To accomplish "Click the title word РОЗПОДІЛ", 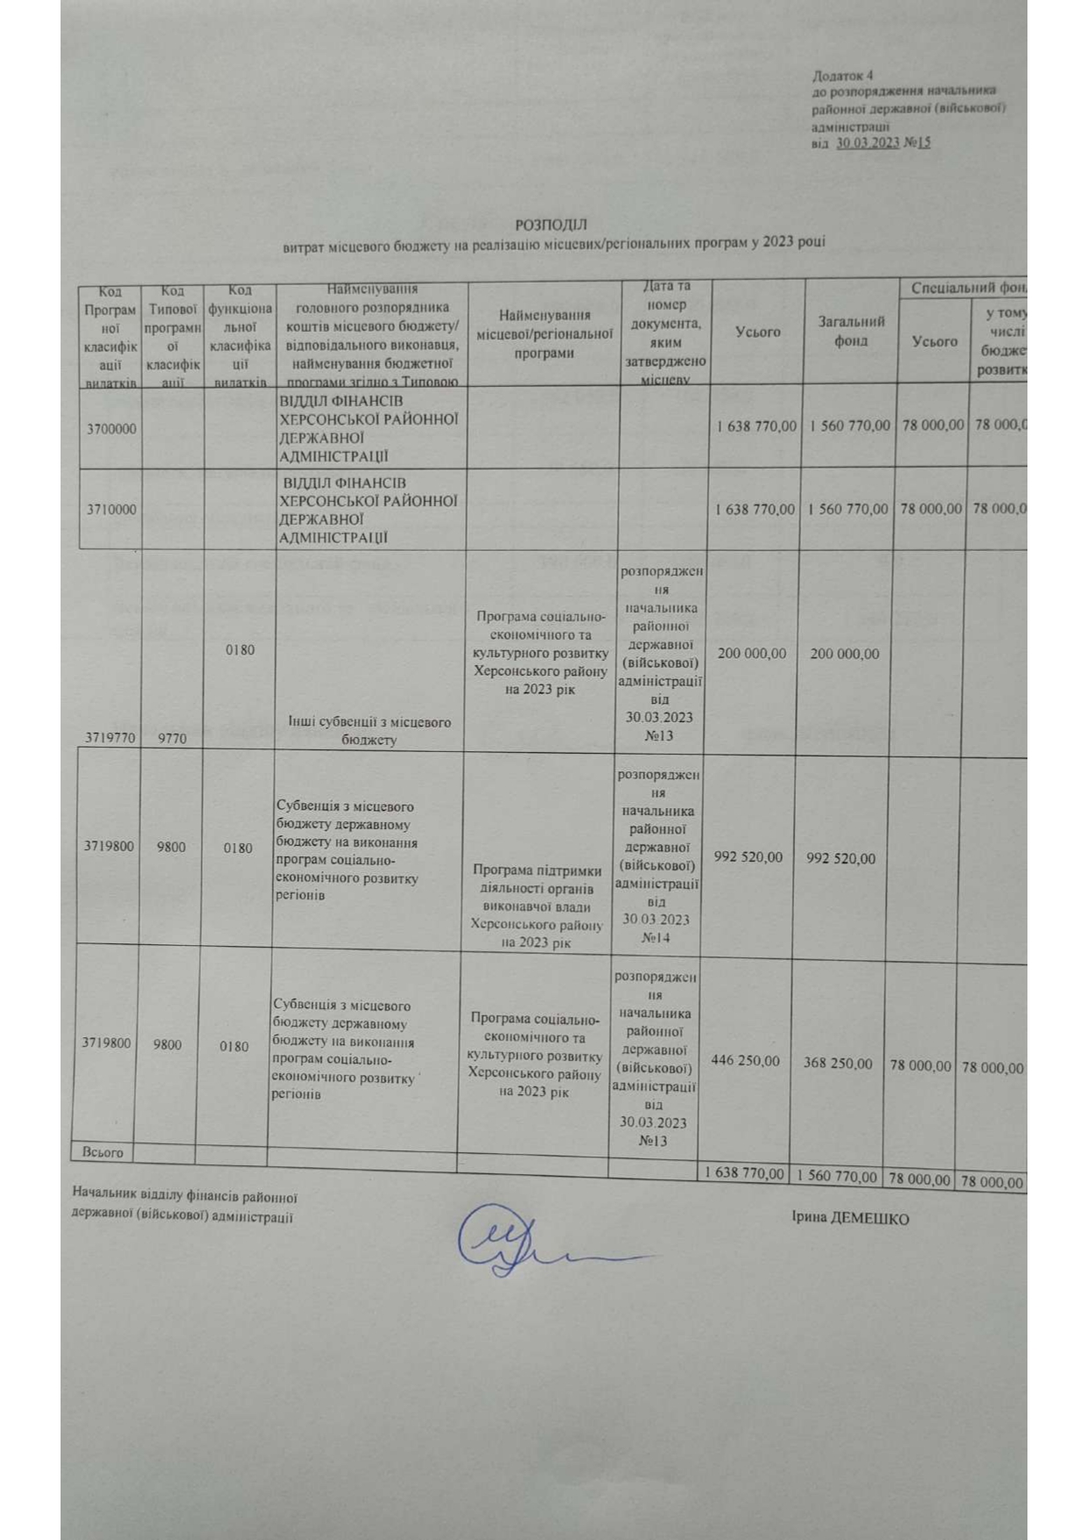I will coord(550,226).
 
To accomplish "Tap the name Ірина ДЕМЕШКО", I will coord(849,1218).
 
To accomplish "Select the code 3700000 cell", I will coord(111,429).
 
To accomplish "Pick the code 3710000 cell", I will coord(111,510).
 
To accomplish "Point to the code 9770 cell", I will coord(172,739).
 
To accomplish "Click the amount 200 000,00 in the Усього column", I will coord(752,654).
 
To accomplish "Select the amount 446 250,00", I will coord(745,1061).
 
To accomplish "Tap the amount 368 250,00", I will coord(838,1063).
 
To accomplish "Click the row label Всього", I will coord(103,1152).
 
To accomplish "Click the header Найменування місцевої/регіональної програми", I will coord(544,333).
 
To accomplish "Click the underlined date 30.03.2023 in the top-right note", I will coord(868,143).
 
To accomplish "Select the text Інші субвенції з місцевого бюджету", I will coord(369,730).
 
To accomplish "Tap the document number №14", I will coord(656,938).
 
